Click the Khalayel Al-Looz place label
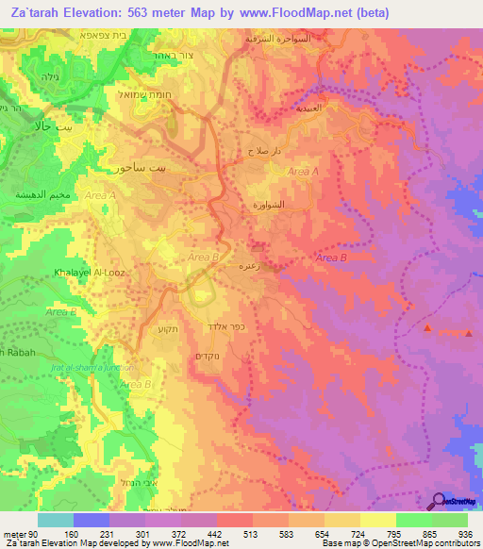pos(83,272)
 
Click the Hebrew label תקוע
pos(157,332)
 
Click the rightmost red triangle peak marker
pos(469,331)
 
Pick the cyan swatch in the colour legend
pos(55,520)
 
